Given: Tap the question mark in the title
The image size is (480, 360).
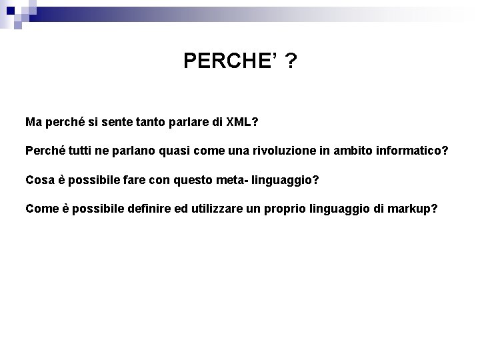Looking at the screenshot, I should pos(291,62).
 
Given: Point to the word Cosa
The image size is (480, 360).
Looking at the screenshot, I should pos(39,180).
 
